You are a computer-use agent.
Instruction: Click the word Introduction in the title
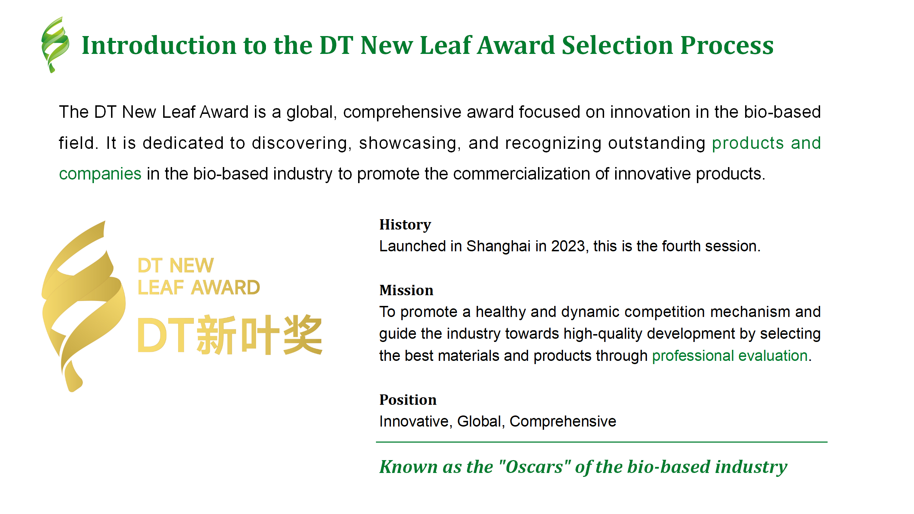coord(159,45)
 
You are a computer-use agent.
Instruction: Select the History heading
coord(405,225)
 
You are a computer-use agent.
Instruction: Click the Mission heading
coord(406,290)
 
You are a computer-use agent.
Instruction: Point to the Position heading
coord(407,400)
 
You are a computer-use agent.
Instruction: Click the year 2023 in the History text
coord(568,246)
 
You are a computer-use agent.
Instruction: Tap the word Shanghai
coord(498,246)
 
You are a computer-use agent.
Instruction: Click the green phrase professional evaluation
coord(730,356)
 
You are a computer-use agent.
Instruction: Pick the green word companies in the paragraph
coord(100,174)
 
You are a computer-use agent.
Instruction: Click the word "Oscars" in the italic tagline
coord(534,467)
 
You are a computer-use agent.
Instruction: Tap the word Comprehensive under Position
coord(563,422)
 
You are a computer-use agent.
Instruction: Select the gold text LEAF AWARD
coord(199,288)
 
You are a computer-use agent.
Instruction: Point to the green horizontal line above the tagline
coord(601,442)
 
